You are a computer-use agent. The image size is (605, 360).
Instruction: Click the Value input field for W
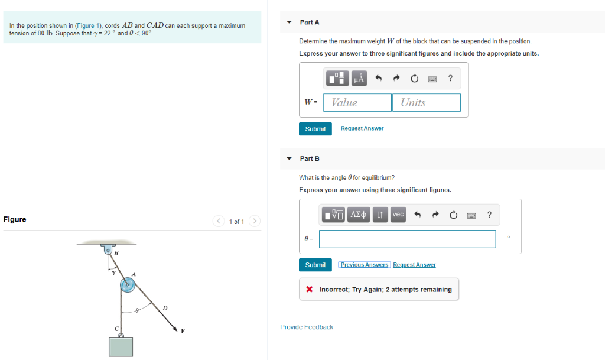[x=357, y=102]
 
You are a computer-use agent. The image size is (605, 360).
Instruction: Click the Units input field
[x=426, y=102]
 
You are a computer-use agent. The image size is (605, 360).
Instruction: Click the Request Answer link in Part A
[x=362, y=128]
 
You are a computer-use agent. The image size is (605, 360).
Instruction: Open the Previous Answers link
[x=365, y=265]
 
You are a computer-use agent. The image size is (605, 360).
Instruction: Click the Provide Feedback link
[x=307, y=327]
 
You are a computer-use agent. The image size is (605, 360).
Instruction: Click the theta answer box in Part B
[x=407, y=239]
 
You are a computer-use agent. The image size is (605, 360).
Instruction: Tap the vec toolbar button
[x=398, y=215]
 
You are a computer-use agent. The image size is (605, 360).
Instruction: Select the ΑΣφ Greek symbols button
[x=359, y=215]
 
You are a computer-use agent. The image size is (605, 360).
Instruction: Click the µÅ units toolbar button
[x=359, y=78]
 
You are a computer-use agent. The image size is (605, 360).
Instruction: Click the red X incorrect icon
[x=310, y=290]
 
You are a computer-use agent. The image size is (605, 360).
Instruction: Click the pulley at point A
[x=127, y=286]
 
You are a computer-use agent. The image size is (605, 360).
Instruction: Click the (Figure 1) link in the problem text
[x=89, y=25]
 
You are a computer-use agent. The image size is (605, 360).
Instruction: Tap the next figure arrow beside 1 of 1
[x=255, y=221]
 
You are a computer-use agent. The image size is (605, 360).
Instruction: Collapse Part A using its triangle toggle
[x=289, y=22]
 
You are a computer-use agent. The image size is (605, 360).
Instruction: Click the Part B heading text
[x=310, y=158]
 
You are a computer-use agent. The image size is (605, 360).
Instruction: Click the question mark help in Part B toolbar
[x=489, y=215]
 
